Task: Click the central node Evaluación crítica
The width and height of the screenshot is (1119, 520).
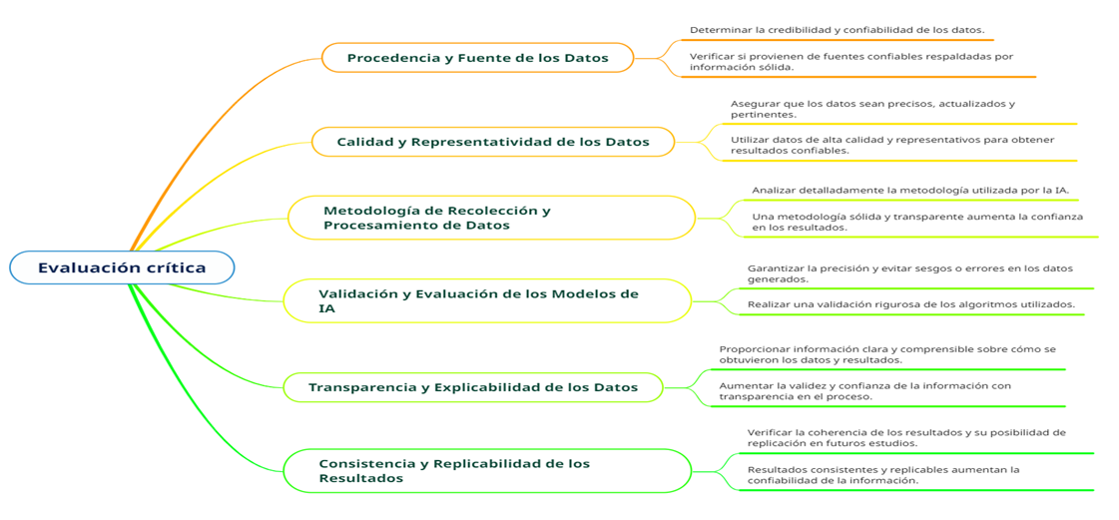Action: click(122, 267)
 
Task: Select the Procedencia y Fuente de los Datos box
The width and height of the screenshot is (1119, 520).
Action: click(477, 58)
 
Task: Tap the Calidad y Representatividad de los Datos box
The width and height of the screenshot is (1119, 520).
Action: click(493, 142)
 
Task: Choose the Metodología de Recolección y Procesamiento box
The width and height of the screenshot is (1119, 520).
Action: click(492, 218)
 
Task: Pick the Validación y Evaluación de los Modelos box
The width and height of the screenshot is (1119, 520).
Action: click(488, 300)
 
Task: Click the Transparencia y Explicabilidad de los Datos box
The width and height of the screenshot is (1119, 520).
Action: click(473, 387)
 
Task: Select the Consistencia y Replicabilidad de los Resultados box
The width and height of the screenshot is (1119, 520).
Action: click(488, 471)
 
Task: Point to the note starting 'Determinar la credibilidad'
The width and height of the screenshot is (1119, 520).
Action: click(838, 30)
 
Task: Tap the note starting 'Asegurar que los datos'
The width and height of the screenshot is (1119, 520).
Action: click(872, 109)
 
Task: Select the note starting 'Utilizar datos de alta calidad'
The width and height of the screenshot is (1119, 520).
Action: click(892, 145)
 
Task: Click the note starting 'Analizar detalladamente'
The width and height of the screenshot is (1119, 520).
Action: click(910, 190)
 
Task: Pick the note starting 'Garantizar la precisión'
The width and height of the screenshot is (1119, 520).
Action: click(910, 273)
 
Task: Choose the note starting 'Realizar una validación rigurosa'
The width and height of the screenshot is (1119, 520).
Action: click(911, 304)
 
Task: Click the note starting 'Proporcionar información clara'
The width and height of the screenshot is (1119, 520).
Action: click(887, 354)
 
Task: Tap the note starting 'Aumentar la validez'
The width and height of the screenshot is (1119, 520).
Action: click(864, 391)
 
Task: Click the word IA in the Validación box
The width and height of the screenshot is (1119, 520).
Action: click(326, 308)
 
